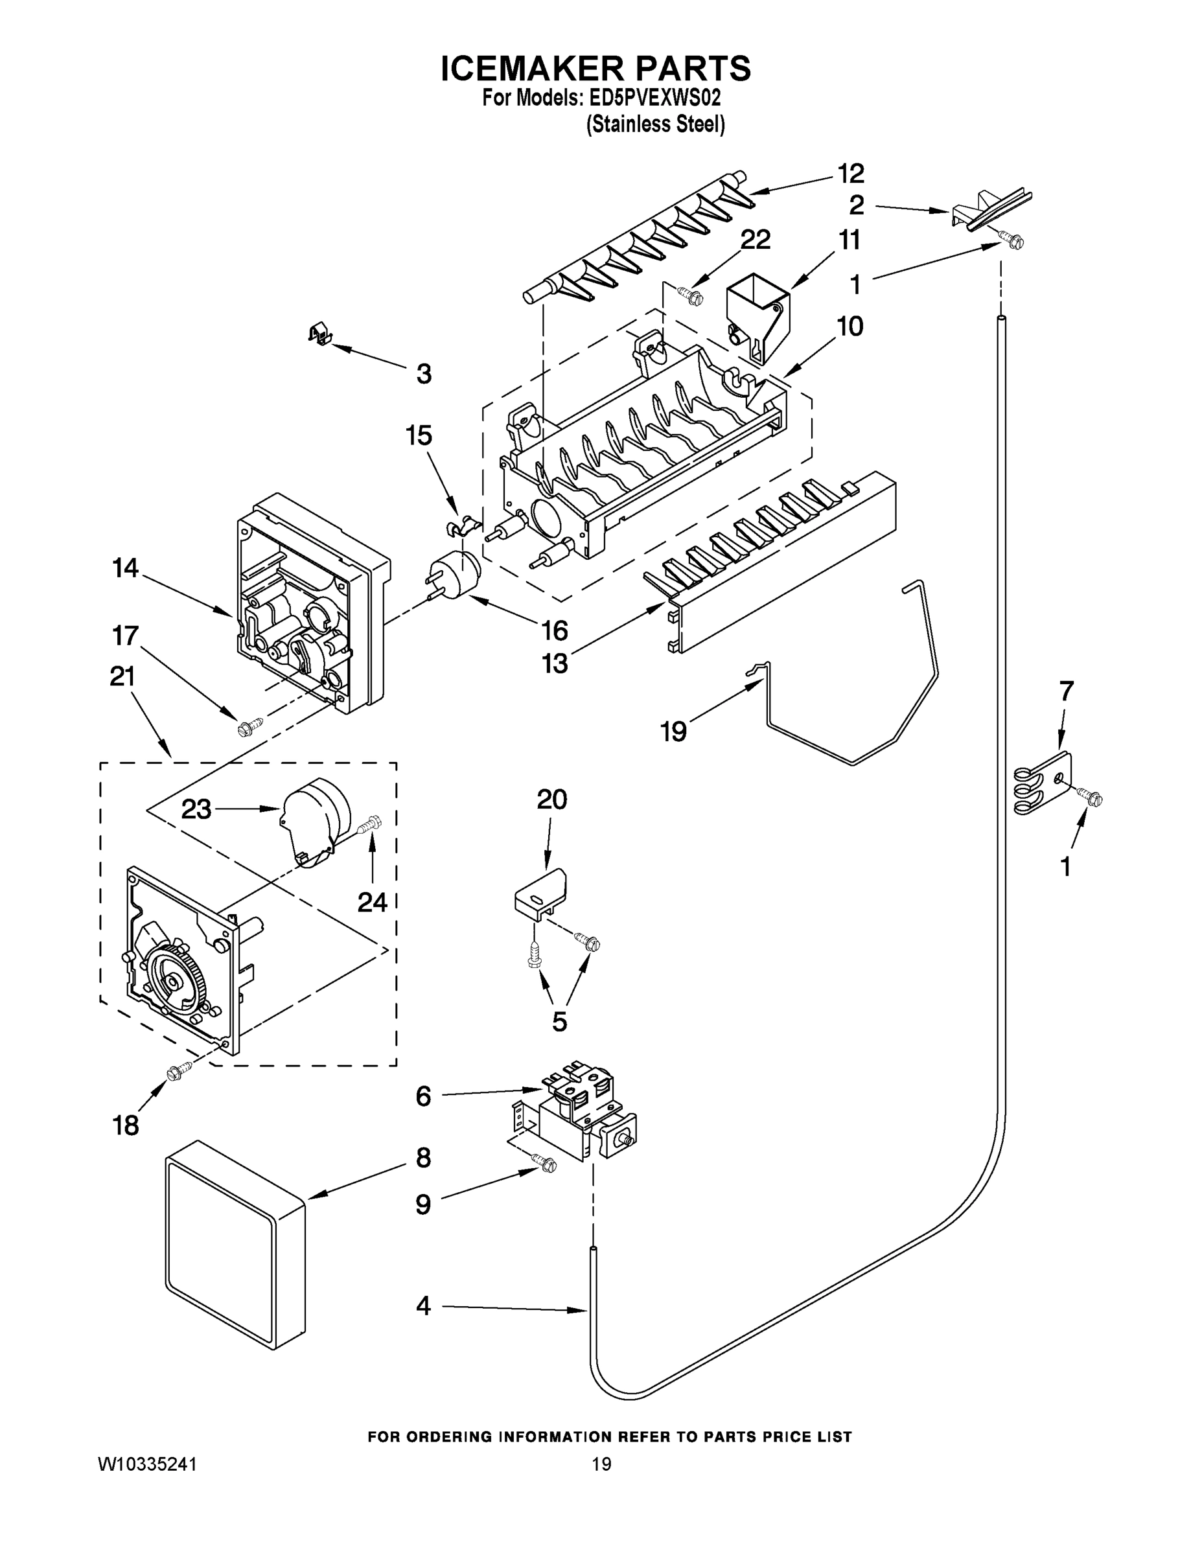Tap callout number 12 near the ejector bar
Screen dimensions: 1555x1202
[x=850, y=173]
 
